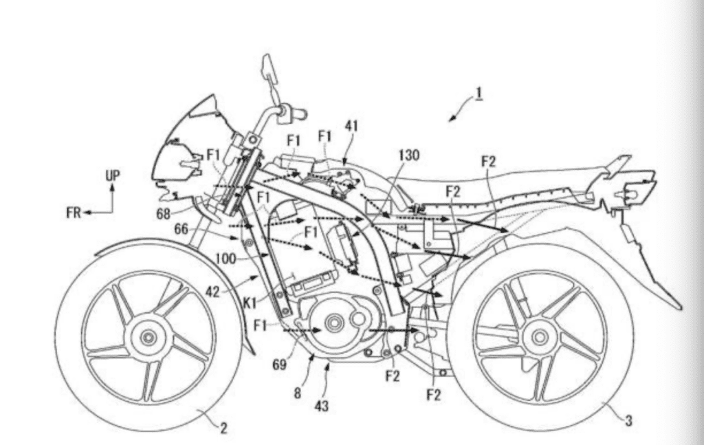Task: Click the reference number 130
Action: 408,155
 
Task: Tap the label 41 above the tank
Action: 351,126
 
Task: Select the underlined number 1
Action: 479,92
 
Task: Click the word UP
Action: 113,175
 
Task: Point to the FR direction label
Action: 74,213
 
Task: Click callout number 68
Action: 164,214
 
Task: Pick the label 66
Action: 181,230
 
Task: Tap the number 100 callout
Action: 225,259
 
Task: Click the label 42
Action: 212,292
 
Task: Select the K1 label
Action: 249,303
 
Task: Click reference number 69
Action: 279,365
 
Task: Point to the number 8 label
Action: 297,393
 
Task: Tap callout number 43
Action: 322,406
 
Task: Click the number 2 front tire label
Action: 223,428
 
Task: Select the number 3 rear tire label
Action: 628,421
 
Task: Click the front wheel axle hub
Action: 148,338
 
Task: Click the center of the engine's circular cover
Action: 334,323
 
